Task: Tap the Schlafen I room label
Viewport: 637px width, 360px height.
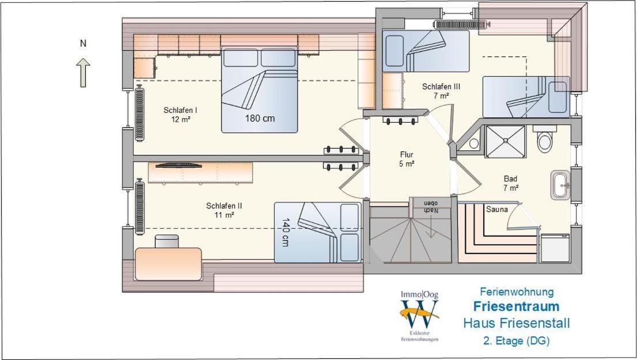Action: click(180, 115)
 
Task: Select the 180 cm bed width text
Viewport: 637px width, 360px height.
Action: click(260, 118)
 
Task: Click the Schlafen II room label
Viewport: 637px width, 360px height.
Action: click(224, 210)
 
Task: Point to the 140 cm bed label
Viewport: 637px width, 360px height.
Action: click(285, 232)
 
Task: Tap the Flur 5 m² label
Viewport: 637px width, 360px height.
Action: click(407, 159)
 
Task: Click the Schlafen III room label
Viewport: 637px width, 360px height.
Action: click(441, 91)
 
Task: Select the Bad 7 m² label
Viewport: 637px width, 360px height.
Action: click(511, 183)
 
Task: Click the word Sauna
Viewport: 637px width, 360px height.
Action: click(497, 209)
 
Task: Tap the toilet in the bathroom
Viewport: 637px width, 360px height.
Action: click(544, 139)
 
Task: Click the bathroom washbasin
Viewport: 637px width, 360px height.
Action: click(560, 185)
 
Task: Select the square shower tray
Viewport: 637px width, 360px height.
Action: click(505, 141)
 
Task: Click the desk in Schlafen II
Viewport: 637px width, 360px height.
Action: click(168, 264)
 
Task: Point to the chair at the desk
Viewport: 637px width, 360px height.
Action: click(166, 241)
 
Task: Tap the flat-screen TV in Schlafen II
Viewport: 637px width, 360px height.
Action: click(179, 165)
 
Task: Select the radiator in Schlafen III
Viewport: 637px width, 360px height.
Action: click(460, 24)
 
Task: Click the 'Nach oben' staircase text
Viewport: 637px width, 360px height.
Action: click(431, 206)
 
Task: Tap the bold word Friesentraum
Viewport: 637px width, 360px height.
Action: click(517, 306)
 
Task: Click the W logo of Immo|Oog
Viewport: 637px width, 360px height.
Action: click(419, 314)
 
